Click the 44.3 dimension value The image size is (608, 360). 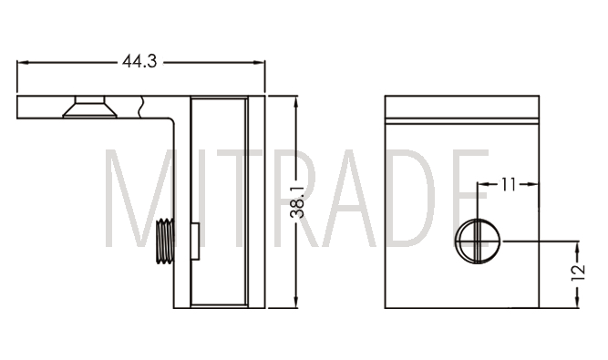(x=139, y=61)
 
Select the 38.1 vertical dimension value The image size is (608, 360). (x=297, y=201)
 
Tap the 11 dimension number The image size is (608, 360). (x=509, y=184)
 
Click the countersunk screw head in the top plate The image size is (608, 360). (x=90, y=107)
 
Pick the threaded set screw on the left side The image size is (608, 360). (x=165, y=241)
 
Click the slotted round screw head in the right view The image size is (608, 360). (x=478, y=241)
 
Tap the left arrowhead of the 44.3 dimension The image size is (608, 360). (x=23, y=62)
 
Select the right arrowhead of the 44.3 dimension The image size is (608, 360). (x=259, y=62)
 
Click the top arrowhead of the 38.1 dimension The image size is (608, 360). (x=296, y=102)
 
